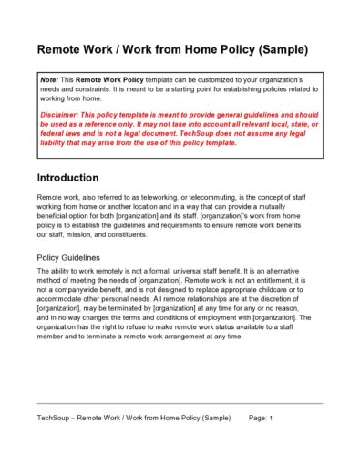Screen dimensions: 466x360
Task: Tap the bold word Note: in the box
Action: pos(49,81)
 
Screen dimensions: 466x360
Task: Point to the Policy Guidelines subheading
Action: pos(71,257)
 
